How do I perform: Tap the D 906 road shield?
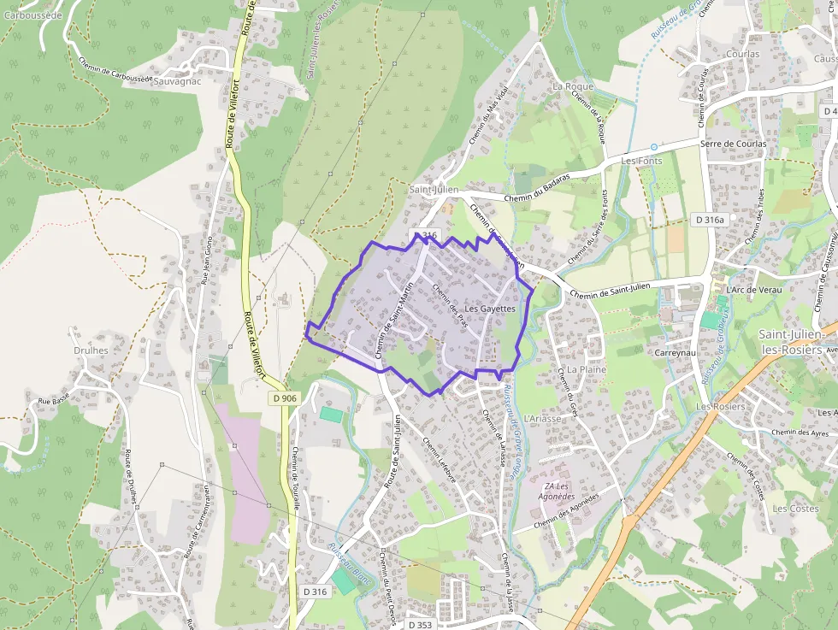click(x=286, y=398)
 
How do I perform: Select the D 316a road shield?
click(x=710, y=220)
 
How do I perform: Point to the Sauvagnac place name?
click(x=176, y=82)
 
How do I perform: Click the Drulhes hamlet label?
click(x=91, y=350)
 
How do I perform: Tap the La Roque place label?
click(x=573, y=87)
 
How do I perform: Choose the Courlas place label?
click(x=742, y=54)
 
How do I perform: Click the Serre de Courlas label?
click(x=733, y=144)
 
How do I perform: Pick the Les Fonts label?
click(x=641, y=161)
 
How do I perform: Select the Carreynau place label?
click(x=677, y=353)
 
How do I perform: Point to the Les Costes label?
click(x=795, y=509)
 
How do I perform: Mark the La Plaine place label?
click(x=587, y=369)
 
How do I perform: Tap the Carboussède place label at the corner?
click(x=32, y=15)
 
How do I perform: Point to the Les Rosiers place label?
click(x=720, y=407)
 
